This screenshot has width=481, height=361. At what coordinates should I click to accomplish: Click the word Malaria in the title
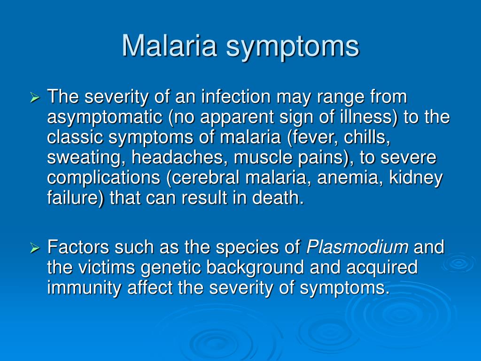(x=170, y=46)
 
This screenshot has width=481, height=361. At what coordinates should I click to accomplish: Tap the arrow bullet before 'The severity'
(x=35, y=98)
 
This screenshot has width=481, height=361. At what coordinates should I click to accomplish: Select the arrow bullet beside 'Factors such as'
(x=35, y=248)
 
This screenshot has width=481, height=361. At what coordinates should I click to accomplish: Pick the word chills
(x=367, y=137)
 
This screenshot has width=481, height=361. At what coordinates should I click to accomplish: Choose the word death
(x=278, y=198)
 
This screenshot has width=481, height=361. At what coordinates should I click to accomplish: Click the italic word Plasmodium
(x=357, y=247)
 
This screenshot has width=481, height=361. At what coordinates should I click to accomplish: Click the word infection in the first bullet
(x=236, y=97)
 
